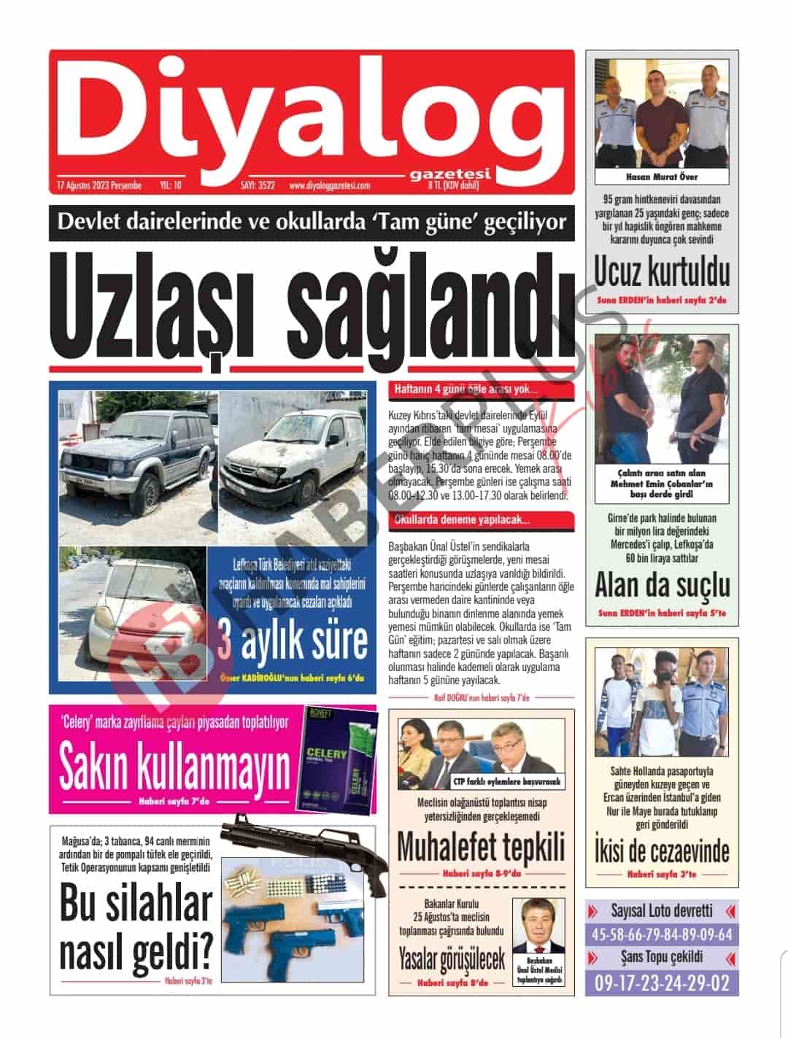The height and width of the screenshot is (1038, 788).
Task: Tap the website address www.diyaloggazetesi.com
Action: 329,186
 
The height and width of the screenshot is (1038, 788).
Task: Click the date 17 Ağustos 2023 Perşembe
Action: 98,186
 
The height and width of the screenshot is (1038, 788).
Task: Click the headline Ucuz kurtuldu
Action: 662,272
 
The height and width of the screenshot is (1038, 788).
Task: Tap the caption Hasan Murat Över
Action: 662,177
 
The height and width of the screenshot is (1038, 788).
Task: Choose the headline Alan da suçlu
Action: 662,585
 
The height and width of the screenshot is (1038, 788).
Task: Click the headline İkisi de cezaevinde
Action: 662,851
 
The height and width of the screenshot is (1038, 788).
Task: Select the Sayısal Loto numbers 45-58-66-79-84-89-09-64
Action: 662,936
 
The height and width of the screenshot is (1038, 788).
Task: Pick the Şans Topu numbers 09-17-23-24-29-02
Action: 662,983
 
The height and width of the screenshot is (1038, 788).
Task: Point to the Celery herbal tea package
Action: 339,762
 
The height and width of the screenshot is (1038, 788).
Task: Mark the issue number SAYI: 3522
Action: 258,186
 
